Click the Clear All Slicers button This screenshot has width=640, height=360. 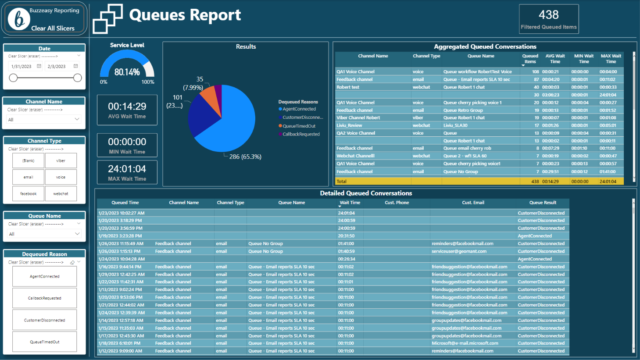pyautogui.click(x=53, y=28)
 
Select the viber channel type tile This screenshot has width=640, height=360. pyautogui.click(x=61, y=160)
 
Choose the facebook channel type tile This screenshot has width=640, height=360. pyautogui.click(x=29, y=193)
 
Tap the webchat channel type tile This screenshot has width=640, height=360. pyautogui.click(x=61, y=193)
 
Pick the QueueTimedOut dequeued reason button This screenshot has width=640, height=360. pyautogui.click(x=45, y=342)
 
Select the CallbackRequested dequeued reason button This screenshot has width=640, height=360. pyautogui.click(x=45, y=298)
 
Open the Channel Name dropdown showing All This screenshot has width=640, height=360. pyautogui.click(x=44, y=119)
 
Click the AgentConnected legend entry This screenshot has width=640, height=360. pyautogui.click(x=299, y=109)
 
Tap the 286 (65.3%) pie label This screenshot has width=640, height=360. pyautogui.click(x=245, y=157)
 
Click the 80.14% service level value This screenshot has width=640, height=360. pyautogui.click(x=127, y=72)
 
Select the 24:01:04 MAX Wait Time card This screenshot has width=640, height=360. pyautogui.click(x=127, y=172)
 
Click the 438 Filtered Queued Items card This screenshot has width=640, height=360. pyautogui.click(x=549, y=19)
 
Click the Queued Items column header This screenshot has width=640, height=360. pyautogui.click(x=530, y=59)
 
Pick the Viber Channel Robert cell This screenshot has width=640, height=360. pyautogui.click(x=358, y=118)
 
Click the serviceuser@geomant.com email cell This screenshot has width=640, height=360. pyautogui.click(x=459, y=251)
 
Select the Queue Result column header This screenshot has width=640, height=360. pyautogui.click(x=543, y=203)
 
